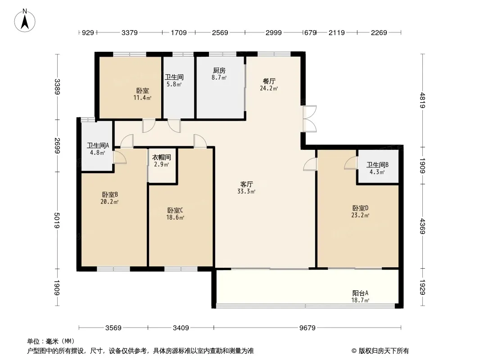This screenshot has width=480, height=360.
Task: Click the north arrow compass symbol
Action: tap(25, 21)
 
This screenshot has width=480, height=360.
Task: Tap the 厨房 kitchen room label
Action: tap(219, 71)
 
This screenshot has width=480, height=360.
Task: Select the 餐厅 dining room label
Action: tap(269, 81)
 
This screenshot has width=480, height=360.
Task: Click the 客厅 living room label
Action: tap(246, 184)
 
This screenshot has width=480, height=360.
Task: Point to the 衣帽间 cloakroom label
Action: tap(162, 157)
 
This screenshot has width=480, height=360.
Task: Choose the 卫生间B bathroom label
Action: tap(377, 165)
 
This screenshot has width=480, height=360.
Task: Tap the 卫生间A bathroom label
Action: tap(98, 145)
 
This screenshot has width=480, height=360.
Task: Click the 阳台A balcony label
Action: tap(360, 293)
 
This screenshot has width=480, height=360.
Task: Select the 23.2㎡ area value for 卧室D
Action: tap(360, 216)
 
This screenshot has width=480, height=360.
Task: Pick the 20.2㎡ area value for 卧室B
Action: tap(109, 202)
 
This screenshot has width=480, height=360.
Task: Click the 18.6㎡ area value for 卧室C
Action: tap(175, 218)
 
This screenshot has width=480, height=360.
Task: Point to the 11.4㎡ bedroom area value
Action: tap(142, 98)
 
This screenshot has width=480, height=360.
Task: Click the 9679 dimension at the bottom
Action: tap(308, 328)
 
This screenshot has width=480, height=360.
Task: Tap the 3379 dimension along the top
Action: tap(130, 32)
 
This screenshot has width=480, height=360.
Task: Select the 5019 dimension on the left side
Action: tap(57, 220)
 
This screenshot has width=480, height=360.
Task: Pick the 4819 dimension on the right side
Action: tap(423, 100)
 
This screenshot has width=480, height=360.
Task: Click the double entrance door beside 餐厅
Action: tap(309, 119)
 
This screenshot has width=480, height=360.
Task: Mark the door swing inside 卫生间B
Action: tap(351, 163)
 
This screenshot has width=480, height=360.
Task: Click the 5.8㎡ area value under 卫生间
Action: tap(174, 85)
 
